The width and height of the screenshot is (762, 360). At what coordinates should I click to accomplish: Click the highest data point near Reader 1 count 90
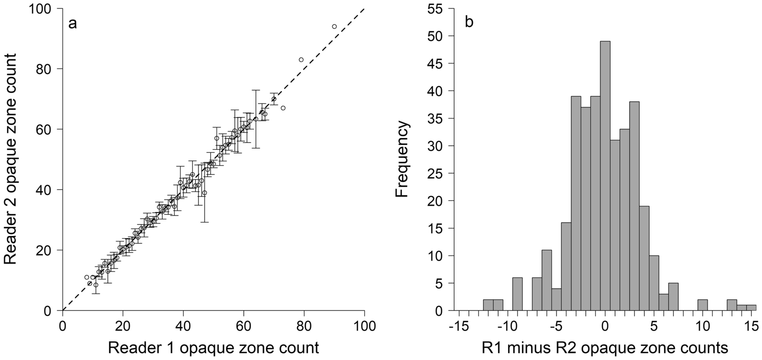coord(334,26)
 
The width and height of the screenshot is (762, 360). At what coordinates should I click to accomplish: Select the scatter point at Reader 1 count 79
coord(301,59)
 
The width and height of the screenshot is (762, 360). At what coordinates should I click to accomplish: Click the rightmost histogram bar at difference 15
coord(751,307)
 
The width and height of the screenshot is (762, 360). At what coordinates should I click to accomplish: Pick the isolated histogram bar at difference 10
coord(703,305)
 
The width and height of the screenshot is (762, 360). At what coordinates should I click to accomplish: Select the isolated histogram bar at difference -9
coord(517,294)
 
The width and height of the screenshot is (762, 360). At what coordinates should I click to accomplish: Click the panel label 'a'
coord(72,23)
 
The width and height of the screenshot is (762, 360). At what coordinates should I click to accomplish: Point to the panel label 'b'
coord(469,22)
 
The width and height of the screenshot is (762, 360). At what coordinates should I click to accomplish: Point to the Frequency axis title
coord(403,159)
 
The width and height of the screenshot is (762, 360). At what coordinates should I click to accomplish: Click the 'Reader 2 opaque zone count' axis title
coord(13,159)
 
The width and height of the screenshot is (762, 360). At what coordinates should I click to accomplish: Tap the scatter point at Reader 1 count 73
coord(283,108)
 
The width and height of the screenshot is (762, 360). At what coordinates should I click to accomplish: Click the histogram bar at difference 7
coord(673,297)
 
